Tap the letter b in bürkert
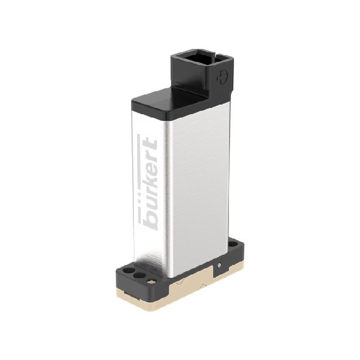[x=150, y=221]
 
